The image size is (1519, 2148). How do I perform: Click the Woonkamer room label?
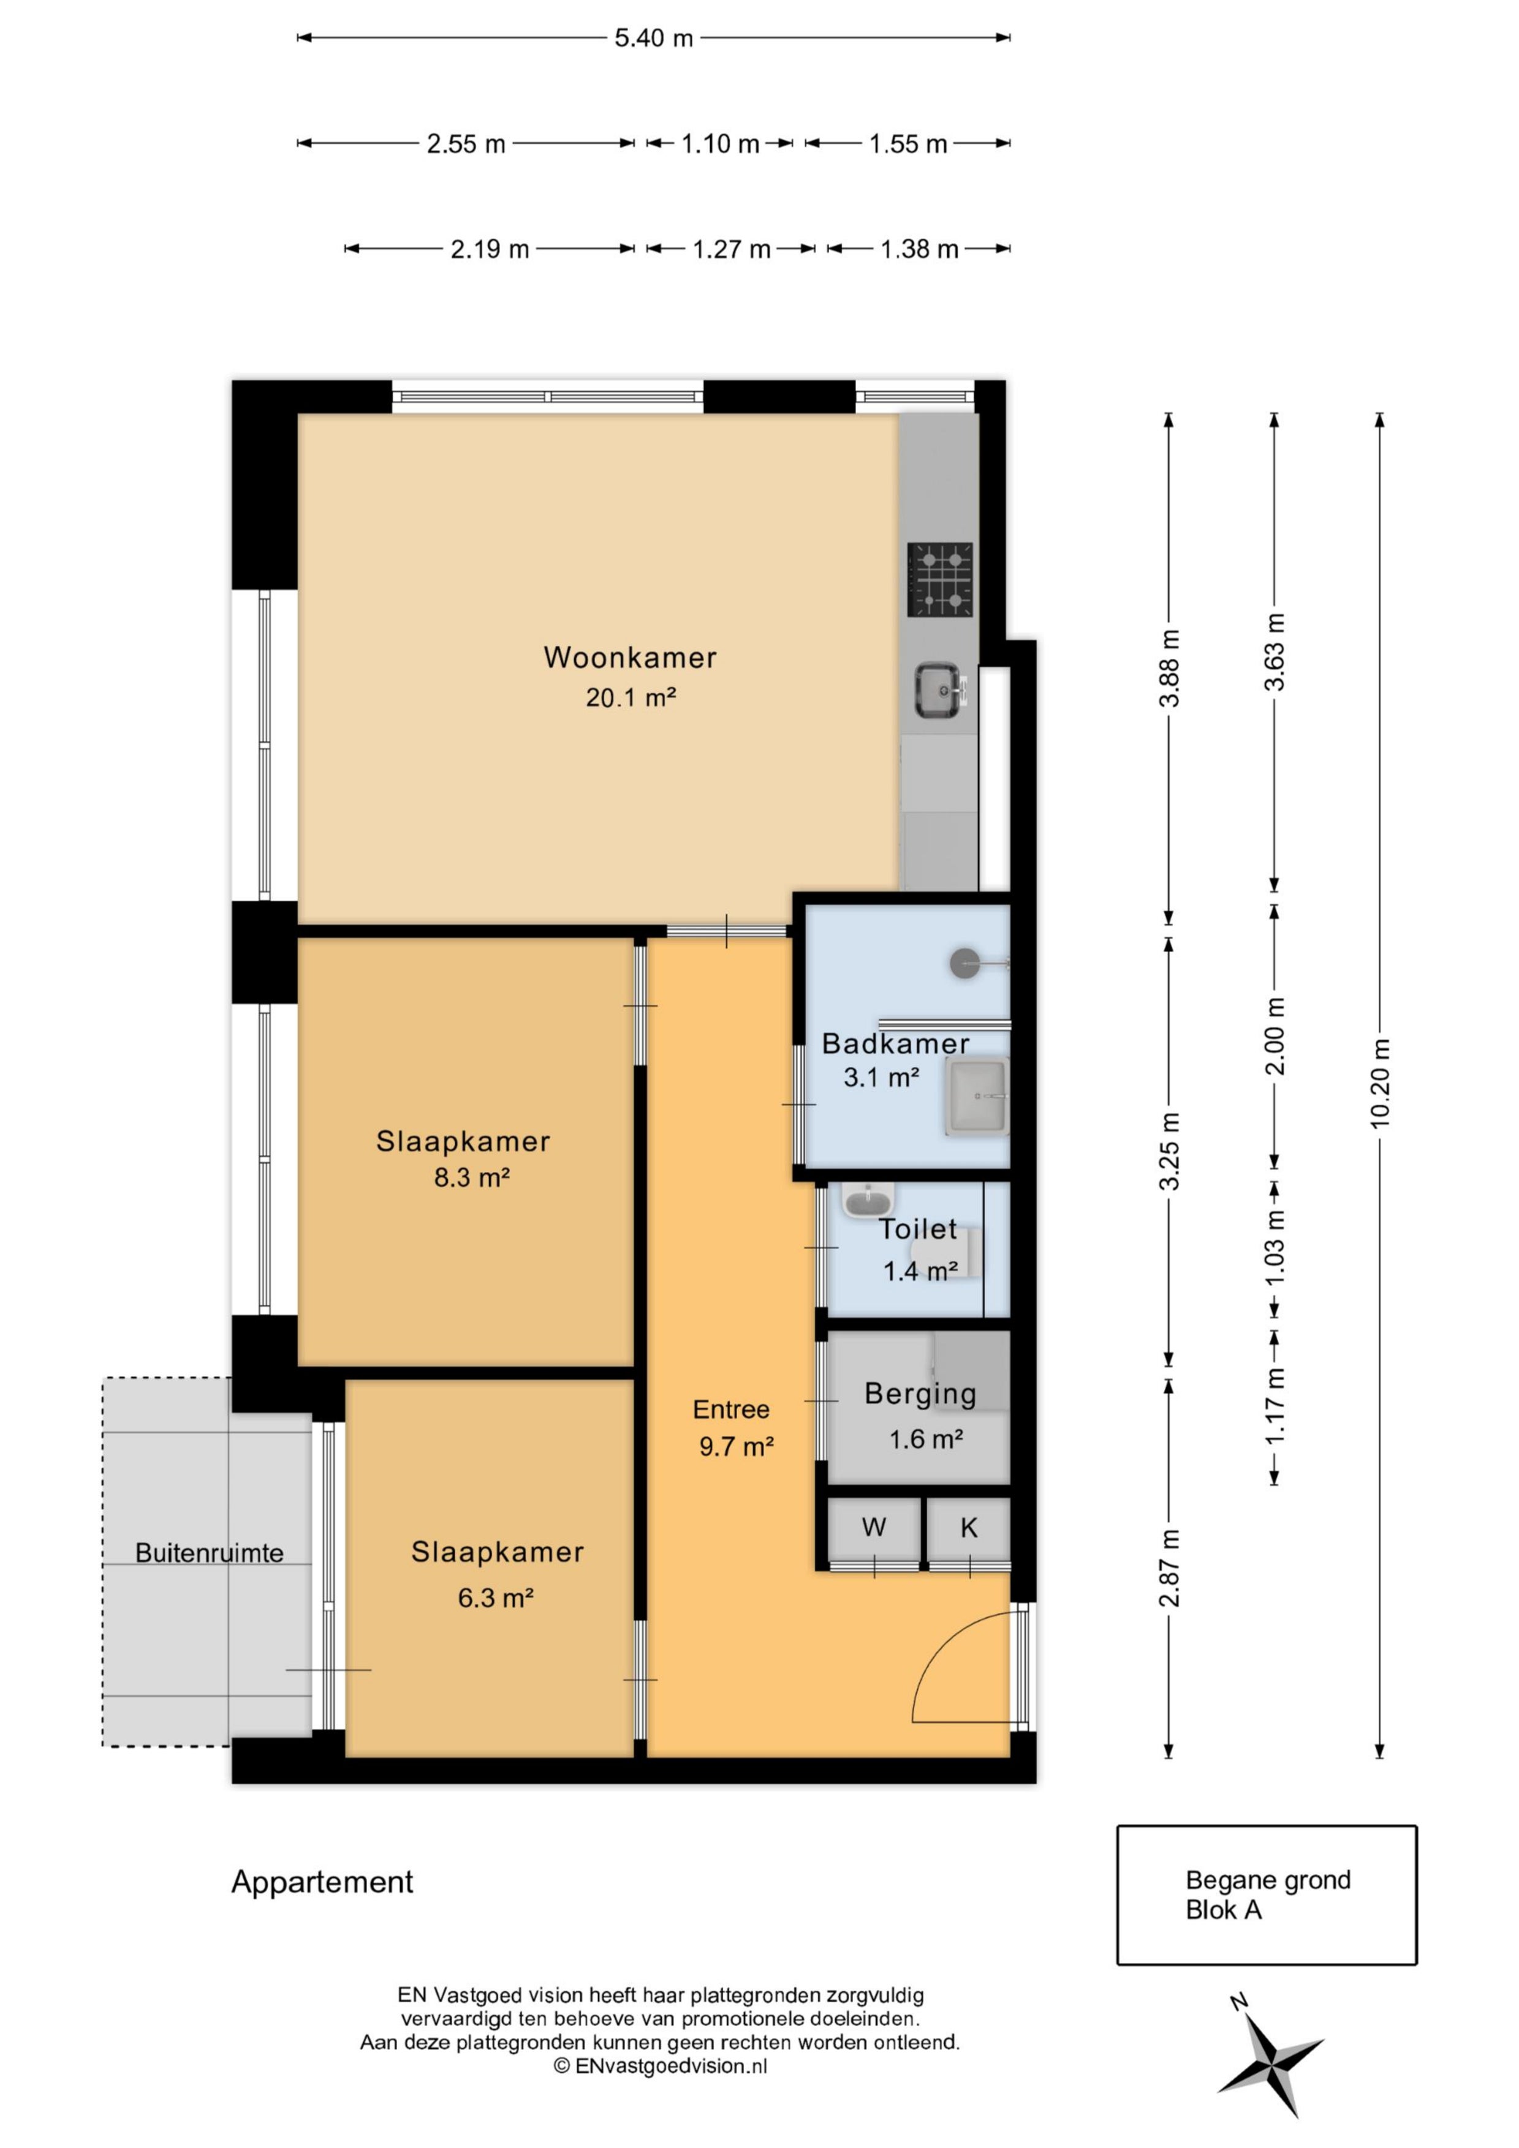[x=630, y=658]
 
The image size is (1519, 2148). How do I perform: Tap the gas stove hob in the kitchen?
[x=940, y=579]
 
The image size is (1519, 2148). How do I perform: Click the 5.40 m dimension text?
[x=653, y=39]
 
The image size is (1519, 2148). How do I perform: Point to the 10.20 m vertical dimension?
[x=1379, y=1085]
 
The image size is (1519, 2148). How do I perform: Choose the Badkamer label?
[x=895, y=1044]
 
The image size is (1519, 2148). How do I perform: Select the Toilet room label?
[x=917, y=1230]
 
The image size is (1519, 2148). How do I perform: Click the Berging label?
[x=920, y=1395]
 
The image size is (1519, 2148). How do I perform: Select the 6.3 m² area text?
[x=495, y=1598]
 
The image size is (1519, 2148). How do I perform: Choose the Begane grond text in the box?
[x=1268, y=1880]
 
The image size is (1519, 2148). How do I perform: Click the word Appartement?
[x=322, y=1882]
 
